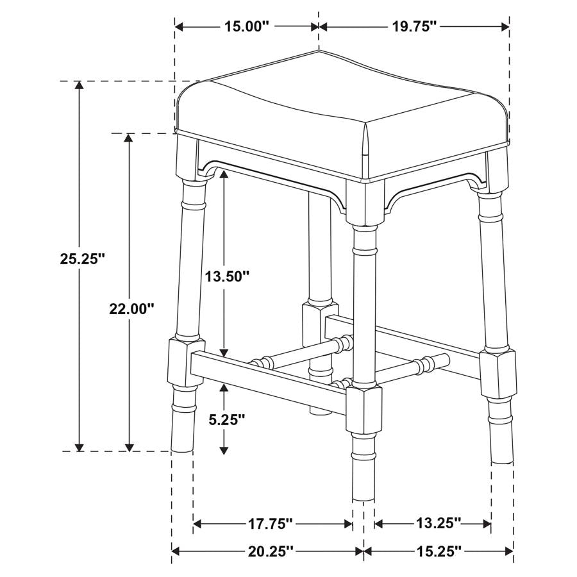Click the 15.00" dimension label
tap(247, 26)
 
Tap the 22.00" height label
tap(131, 308)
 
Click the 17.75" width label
tap(270, 524)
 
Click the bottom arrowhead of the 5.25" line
tap(223, 450)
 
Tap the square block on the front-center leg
tap(363, 408)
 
